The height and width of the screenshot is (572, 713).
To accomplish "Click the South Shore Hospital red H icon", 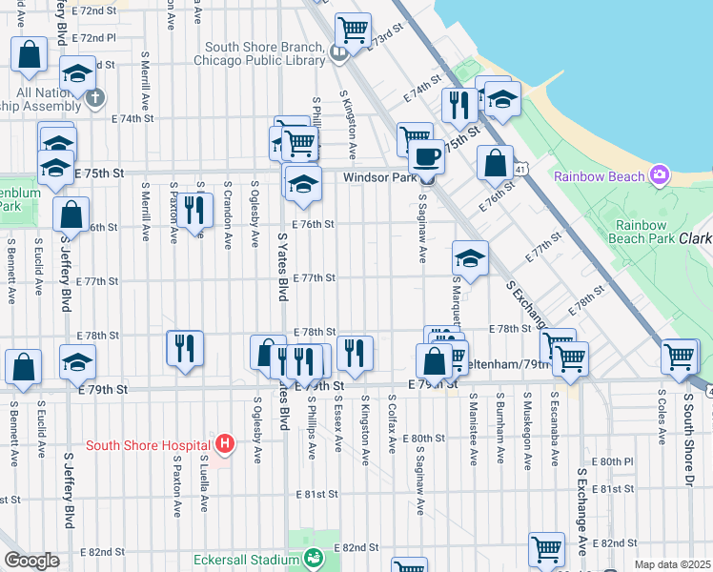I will [x=224, y=443].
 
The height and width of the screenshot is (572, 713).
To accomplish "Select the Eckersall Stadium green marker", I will [x=312, y=560].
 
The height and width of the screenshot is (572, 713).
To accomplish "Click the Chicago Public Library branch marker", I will [x=338, y=52].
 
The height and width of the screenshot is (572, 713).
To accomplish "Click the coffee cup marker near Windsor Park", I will [x=426, y=155].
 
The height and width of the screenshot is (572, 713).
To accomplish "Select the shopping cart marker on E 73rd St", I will [x=353, y=31].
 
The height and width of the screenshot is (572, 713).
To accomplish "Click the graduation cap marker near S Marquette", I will [x=469, y=258].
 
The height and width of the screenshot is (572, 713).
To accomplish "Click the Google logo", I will [x=31, y=561].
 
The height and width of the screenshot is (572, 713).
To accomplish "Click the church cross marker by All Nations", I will [x=94, y=96].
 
